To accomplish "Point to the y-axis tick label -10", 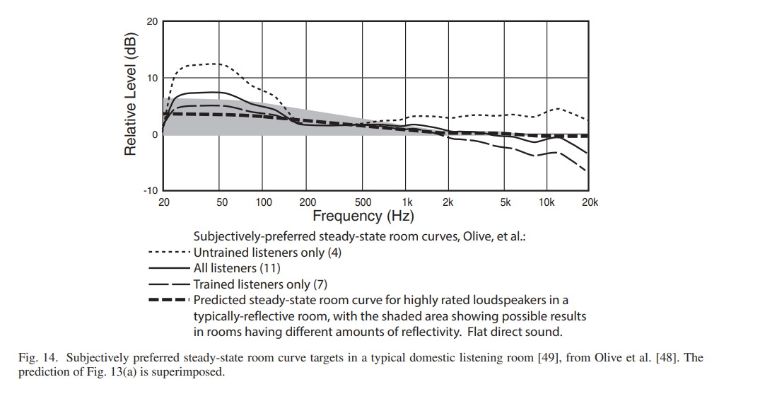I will coord(151,190).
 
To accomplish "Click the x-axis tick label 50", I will coord(222,202).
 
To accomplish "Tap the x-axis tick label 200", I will coord(307,202).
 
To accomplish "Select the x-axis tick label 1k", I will coord(407,202).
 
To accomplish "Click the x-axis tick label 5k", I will coord(505,202).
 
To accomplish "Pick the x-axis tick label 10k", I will coord(546,202).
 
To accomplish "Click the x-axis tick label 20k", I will coord(589,202).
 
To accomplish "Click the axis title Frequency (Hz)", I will coord(363,216).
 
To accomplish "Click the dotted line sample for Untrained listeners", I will coord(169,253).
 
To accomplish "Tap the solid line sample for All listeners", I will coord(169,269).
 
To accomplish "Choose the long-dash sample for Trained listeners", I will coord(169,284).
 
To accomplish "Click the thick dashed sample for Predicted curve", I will coord(169,300).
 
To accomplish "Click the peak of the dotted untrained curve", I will coord(216,64).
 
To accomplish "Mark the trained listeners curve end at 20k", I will coord(586,170).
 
